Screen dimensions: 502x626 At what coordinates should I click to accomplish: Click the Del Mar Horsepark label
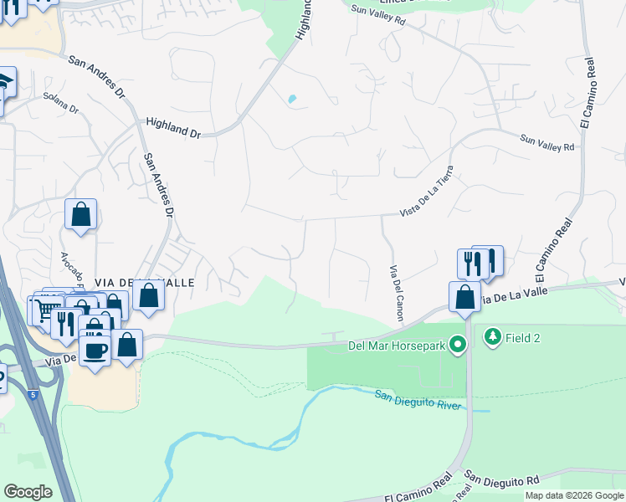tap(397, 344)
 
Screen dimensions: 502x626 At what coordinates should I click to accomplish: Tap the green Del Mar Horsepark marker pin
tap(457, 344)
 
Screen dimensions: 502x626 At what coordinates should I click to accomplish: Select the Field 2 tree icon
tap(491, 337)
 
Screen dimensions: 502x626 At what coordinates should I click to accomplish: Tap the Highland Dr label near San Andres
tap(173, 127)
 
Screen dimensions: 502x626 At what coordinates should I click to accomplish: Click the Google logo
tap(28, 492)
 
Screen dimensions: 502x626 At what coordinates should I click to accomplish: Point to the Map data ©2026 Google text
tap(574, 495)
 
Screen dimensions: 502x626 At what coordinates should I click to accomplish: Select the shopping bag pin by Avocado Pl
tap(81, 214)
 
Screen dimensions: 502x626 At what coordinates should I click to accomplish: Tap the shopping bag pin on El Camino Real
tap(464, 297)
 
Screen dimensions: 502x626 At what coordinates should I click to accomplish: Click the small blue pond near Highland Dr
tap(292, 100)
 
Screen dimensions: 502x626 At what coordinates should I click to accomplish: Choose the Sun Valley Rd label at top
tap(377, 15)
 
